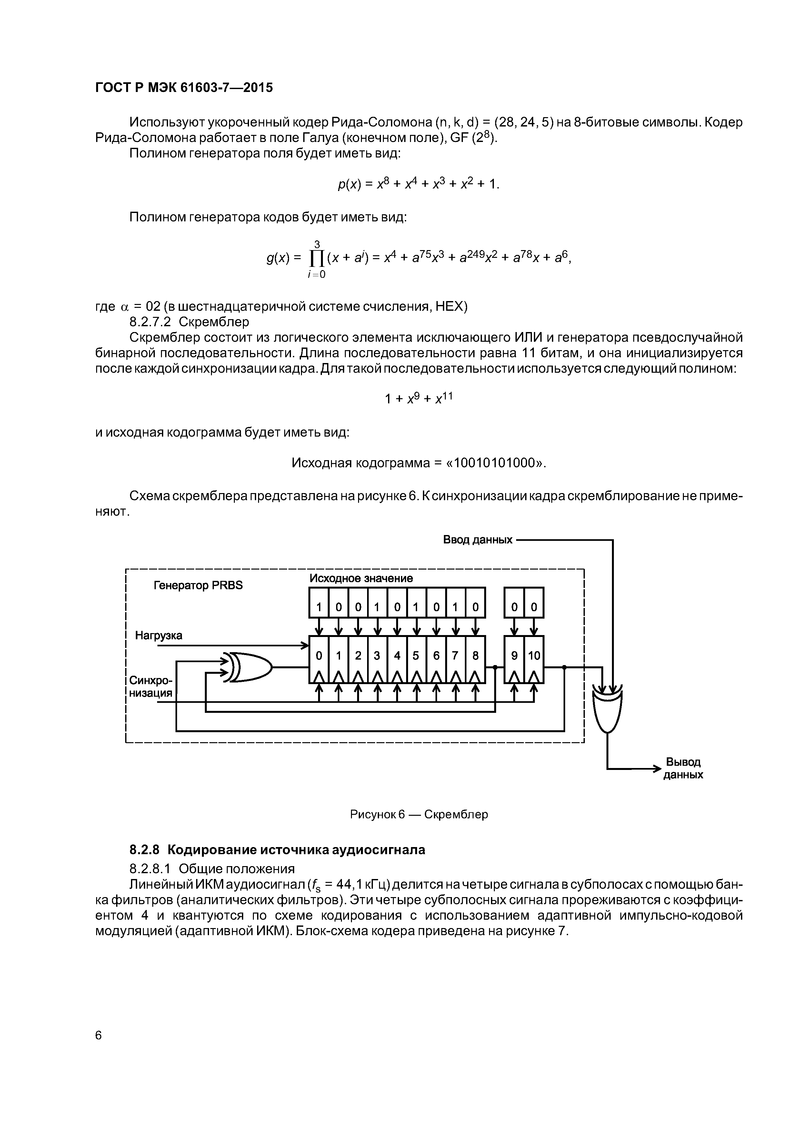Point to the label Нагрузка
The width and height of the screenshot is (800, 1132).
coord(159,635)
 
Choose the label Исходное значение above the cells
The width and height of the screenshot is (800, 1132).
coord(361,578)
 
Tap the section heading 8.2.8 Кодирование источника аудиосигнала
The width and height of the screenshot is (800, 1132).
coord(277,850)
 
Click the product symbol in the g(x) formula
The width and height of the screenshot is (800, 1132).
coord(316,258)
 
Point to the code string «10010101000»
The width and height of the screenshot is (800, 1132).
coord(495,463)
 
